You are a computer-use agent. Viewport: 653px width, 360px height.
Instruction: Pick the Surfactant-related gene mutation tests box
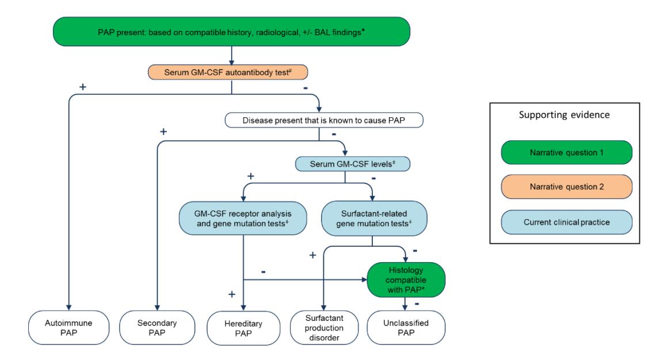pyautogui.click(x=372, y=216)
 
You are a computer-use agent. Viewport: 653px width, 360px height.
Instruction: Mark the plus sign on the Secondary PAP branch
pyautogui.click(x=163, y=132)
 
